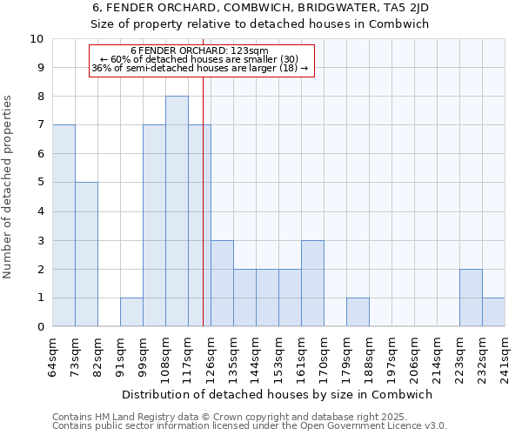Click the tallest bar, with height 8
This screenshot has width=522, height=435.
click(x=177, y=211)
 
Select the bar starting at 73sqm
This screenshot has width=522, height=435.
click(x=86, y=254)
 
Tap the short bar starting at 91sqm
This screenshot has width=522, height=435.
click(x=131, y=311)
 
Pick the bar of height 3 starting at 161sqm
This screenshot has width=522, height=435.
click(x=312, y=283)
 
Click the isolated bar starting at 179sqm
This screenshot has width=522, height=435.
click(x=358, y=311)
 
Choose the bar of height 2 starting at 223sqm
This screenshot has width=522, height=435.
click(x=471, y=298)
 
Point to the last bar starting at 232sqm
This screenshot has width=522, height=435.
click(x=493, y=311)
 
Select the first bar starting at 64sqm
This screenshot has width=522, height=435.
click(x=64, y=225)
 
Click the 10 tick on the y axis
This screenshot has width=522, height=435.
click(x=37, y=39)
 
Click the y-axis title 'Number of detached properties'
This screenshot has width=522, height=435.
click(x=9, y=187)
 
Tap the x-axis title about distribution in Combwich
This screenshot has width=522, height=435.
click(x=278, y=394)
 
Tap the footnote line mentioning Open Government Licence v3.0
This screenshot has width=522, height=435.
click(x=250, y=426)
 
